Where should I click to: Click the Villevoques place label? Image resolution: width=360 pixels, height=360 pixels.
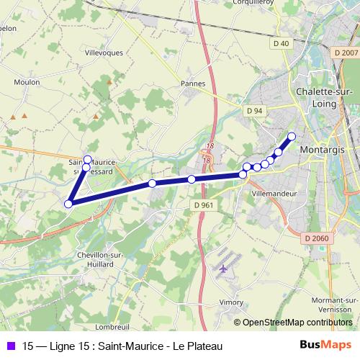[104, 53]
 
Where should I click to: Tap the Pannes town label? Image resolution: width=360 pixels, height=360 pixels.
[193, 84]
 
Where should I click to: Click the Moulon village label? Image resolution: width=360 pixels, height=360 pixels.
[27, 82]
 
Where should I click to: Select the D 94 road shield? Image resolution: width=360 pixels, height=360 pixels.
[253, 111]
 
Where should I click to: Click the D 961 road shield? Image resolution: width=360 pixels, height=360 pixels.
[204, 204]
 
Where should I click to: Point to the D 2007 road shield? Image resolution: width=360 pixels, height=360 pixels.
[346, 53]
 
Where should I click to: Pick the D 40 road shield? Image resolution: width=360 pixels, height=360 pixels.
[281, 44]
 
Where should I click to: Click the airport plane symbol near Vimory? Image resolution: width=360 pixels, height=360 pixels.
[222, 269]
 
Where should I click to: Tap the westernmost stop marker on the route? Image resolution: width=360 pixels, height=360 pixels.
[69, 204]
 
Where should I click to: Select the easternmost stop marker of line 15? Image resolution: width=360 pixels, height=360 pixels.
[292, 136]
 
